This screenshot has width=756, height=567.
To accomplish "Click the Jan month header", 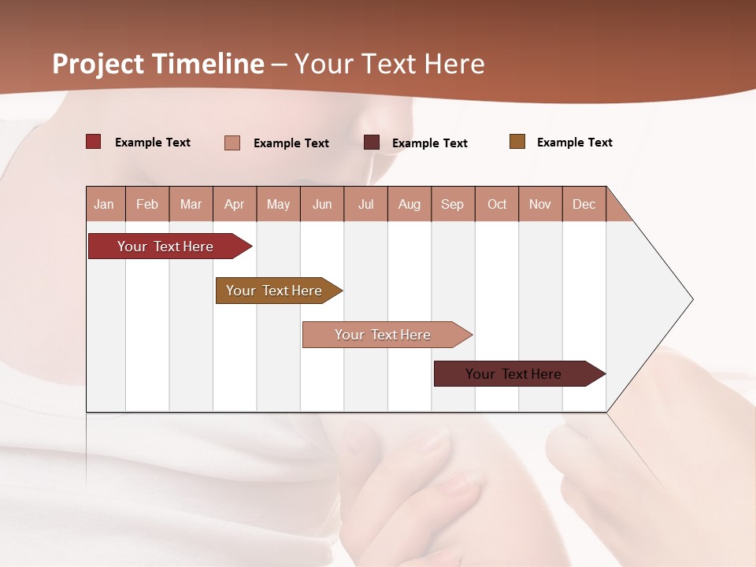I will coord(105,204).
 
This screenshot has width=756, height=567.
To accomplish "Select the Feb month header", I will coord(147,204).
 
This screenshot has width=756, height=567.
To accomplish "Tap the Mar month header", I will coord(191,204).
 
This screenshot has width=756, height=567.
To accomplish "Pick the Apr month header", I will coord(234,204).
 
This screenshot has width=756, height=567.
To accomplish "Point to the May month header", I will coord(278,204).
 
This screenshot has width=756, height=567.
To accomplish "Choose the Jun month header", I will coord(322,204).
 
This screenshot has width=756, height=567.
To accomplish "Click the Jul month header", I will coord(365,204).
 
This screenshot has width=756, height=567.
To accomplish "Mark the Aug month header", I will coord(409,204).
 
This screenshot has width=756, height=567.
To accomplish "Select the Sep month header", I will coord(453,204).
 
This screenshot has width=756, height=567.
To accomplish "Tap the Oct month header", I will coord(497,204).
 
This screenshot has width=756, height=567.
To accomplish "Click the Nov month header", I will coord(540,204).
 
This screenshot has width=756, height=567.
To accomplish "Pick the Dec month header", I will coord(584,204).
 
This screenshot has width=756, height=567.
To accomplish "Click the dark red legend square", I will coord(94,142).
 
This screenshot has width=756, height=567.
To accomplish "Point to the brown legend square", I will coord(517,142).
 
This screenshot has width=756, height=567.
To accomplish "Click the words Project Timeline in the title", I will coord(158,64).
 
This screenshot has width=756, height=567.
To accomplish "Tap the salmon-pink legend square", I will coord(232,143).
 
